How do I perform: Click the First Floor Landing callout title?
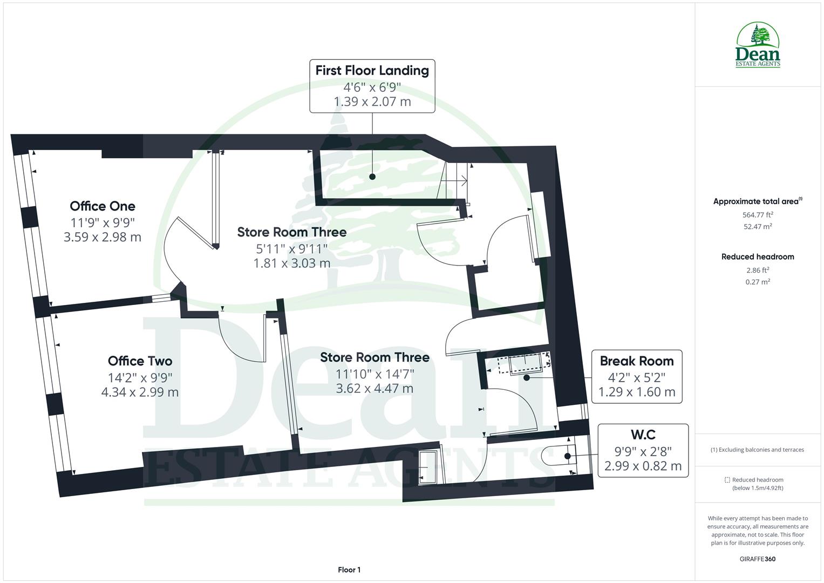[x=372, y=70]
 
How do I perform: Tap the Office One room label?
[x=103, y=206]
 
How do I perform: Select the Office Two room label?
[x=140, y=361]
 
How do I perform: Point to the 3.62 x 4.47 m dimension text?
[x=374, y=388]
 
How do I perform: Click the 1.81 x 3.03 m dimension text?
[x=292, y=263]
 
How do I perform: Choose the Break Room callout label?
[x=637, y=361]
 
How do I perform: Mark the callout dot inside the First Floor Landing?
[x=372, y=177]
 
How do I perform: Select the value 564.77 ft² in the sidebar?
[x=758, y=214]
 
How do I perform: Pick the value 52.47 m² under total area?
[x=758, y=227]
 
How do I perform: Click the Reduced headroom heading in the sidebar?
[x=758, y=257]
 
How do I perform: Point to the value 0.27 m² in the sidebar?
[x=758, y=282]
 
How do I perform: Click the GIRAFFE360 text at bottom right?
[x=757, y=559]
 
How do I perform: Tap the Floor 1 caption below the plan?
[x=349, y=570]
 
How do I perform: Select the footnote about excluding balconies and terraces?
[x=757, y=450]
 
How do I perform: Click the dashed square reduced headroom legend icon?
[x=727, y=480]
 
